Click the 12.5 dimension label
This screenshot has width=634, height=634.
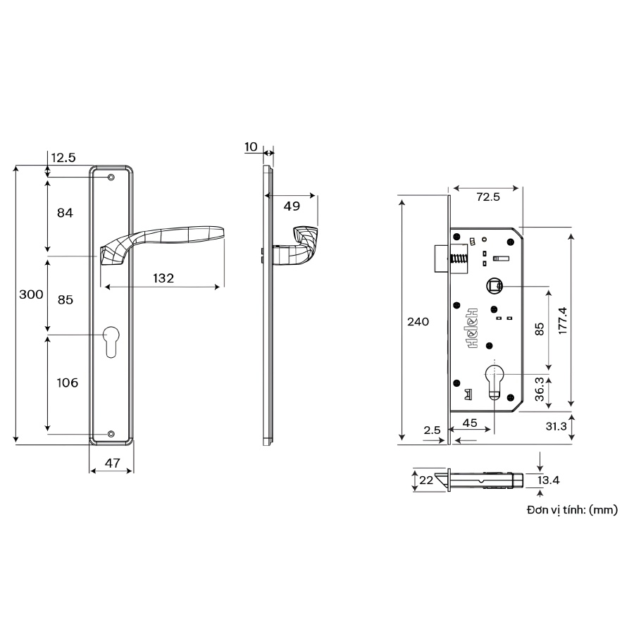coord(63,158)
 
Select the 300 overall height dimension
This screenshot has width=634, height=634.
coord(31,295)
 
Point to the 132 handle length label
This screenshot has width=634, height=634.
coord(163,278)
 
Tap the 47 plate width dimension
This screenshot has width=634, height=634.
coord(112,463)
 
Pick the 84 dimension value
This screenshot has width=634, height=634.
coord(65,213)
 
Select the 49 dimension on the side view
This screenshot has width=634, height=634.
coord(292,206)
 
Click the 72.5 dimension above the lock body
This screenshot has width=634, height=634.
coord(487,197)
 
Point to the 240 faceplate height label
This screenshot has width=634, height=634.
coord(418,321)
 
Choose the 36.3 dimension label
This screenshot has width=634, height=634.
coord(539,389)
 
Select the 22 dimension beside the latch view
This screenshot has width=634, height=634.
coord(425,480)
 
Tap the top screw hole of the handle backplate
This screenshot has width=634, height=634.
coord(111,178)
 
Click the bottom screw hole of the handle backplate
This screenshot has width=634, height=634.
coord(111,434)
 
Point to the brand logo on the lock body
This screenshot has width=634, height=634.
coord(471,330)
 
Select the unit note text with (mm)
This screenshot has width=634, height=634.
coord(571,509)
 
